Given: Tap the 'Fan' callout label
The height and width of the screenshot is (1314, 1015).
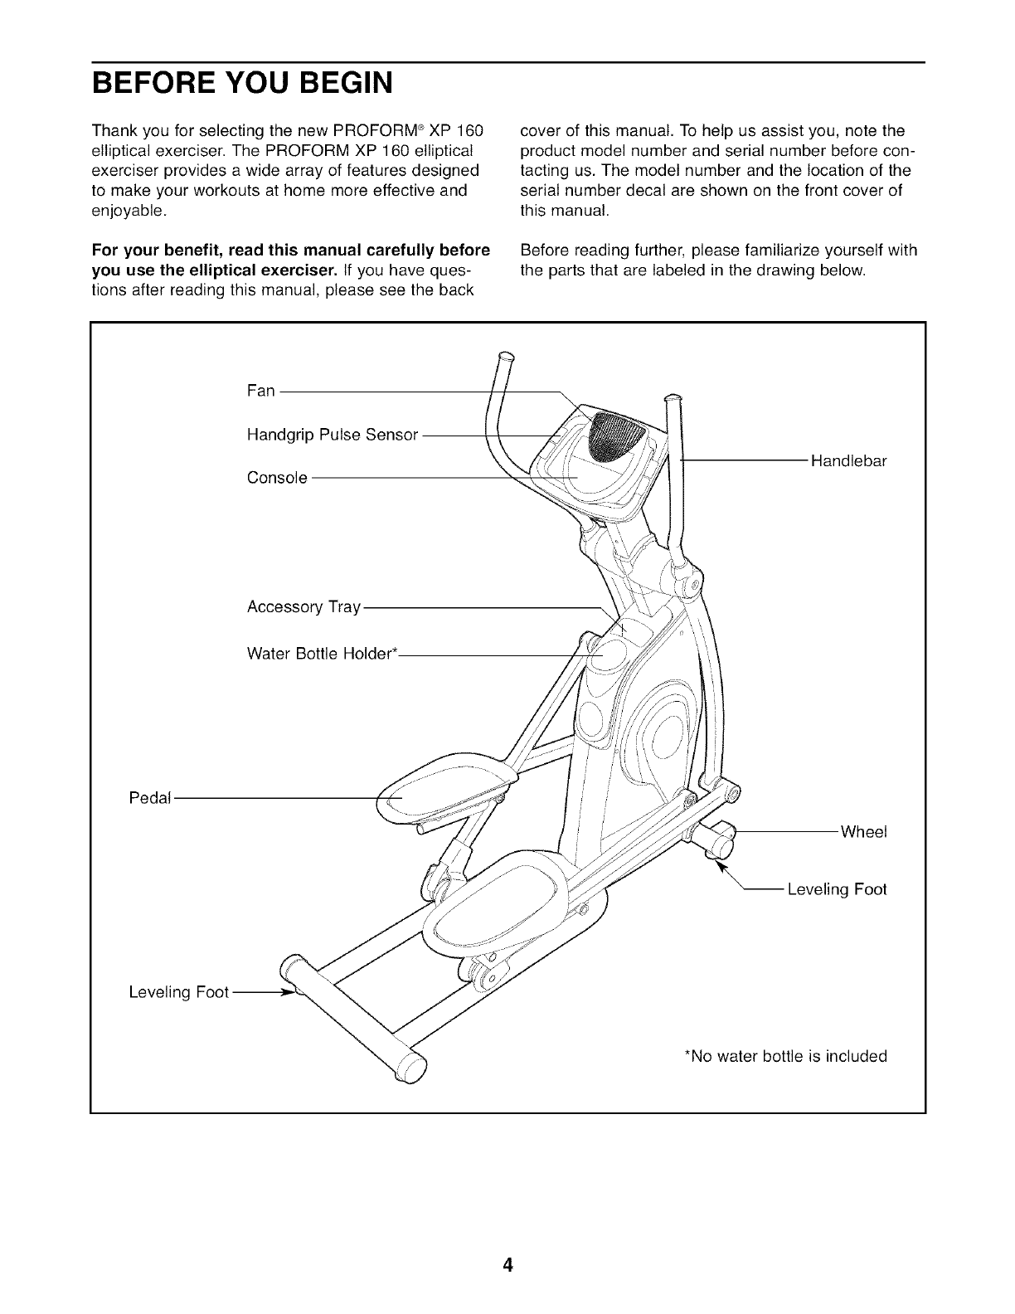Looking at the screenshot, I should click(260, 391).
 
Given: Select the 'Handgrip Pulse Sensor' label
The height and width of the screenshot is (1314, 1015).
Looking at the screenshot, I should click(332, 435).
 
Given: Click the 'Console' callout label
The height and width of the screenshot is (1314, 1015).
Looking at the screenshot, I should click(277, 479).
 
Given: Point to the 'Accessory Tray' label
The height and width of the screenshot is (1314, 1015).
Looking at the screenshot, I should click(304, 607).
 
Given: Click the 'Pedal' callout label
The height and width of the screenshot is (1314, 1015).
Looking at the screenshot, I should click(150, 798).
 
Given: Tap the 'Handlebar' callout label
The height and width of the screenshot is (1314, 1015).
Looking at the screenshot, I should click(848, 462).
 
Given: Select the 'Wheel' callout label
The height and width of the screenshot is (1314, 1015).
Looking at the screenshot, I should click(863, 832).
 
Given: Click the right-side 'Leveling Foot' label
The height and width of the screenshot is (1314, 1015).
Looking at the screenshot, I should click(837, 890).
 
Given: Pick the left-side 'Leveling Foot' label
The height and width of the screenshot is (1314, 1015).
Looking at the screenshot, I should click(178, 993).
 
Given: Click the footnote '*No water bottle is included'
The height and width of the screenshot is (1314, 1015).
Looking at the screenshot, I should click(784, 1056).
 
